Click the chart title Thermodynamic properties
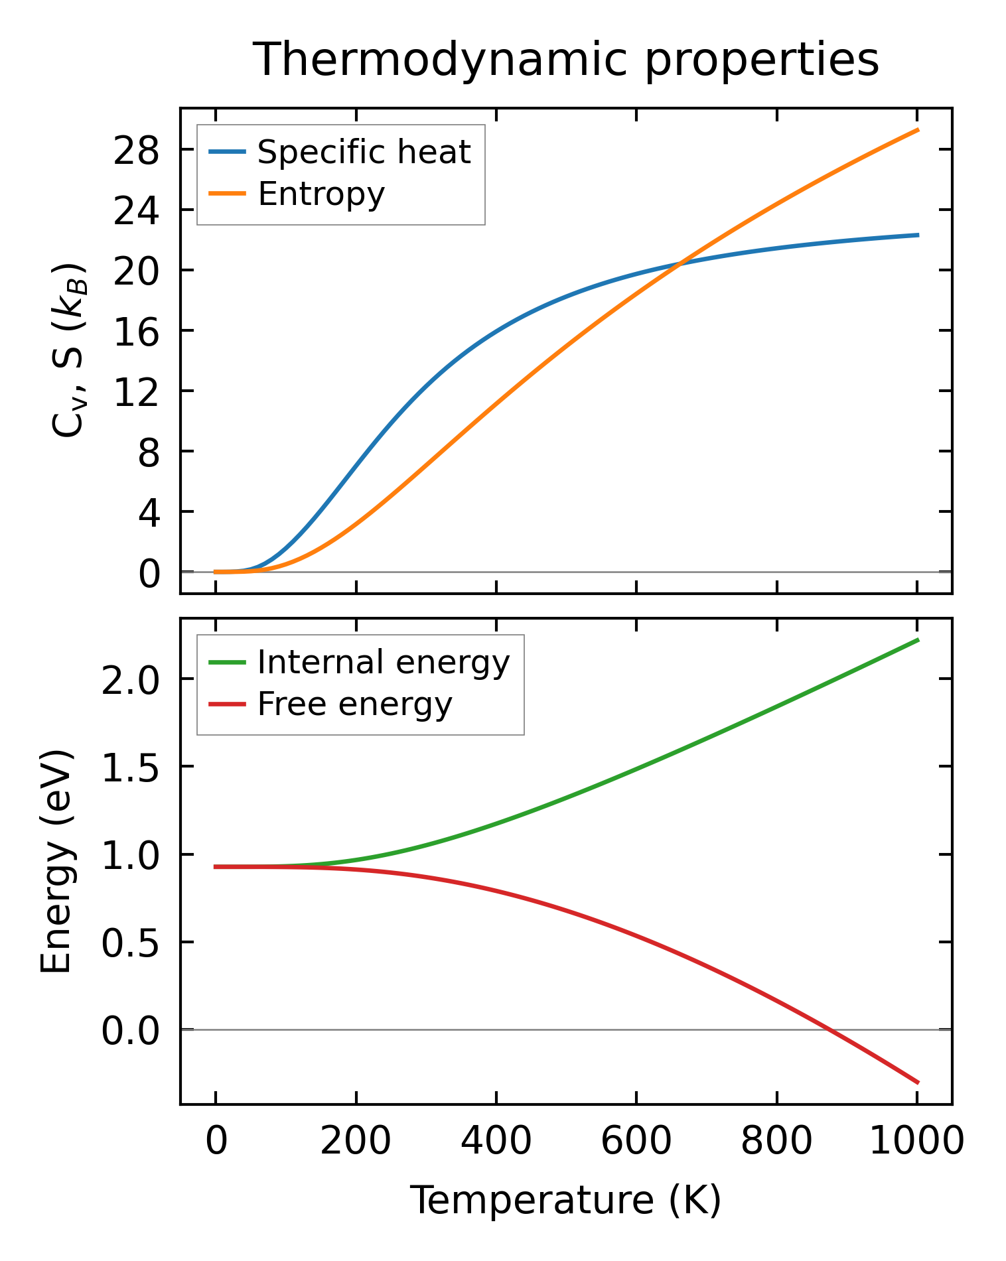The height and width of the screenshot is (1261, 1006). click(x=566, y=60)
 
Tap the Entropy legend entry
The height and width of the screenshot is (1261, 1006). click(x=321, y=194)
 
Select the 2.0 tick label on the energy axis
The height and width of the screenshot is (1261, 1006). click(x=130, y=681)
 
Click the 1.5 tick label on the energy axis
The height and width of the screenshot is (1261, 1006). click(x=130, y=769)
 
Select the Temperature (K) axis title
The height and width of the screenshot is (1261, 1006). click(x=565, y=1201)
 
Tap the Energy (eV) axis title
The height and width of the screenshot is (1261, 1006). click(x=56, y=861)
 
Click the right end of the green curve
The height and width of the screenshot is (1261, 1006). click(x=918, y=640)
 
